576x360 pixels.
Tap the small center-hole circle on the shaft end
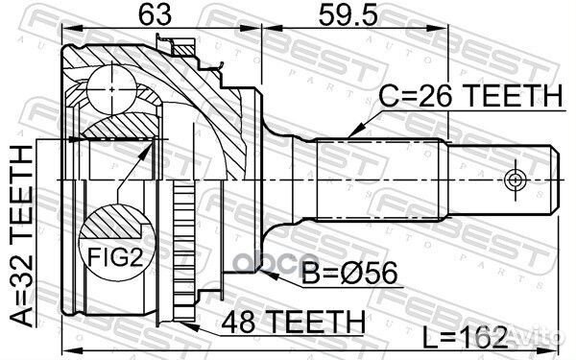pyautogui.click(x=515, y=180)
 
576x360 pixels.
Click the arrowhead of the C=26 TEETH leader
pyautogui.click(x=351, y=132)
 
